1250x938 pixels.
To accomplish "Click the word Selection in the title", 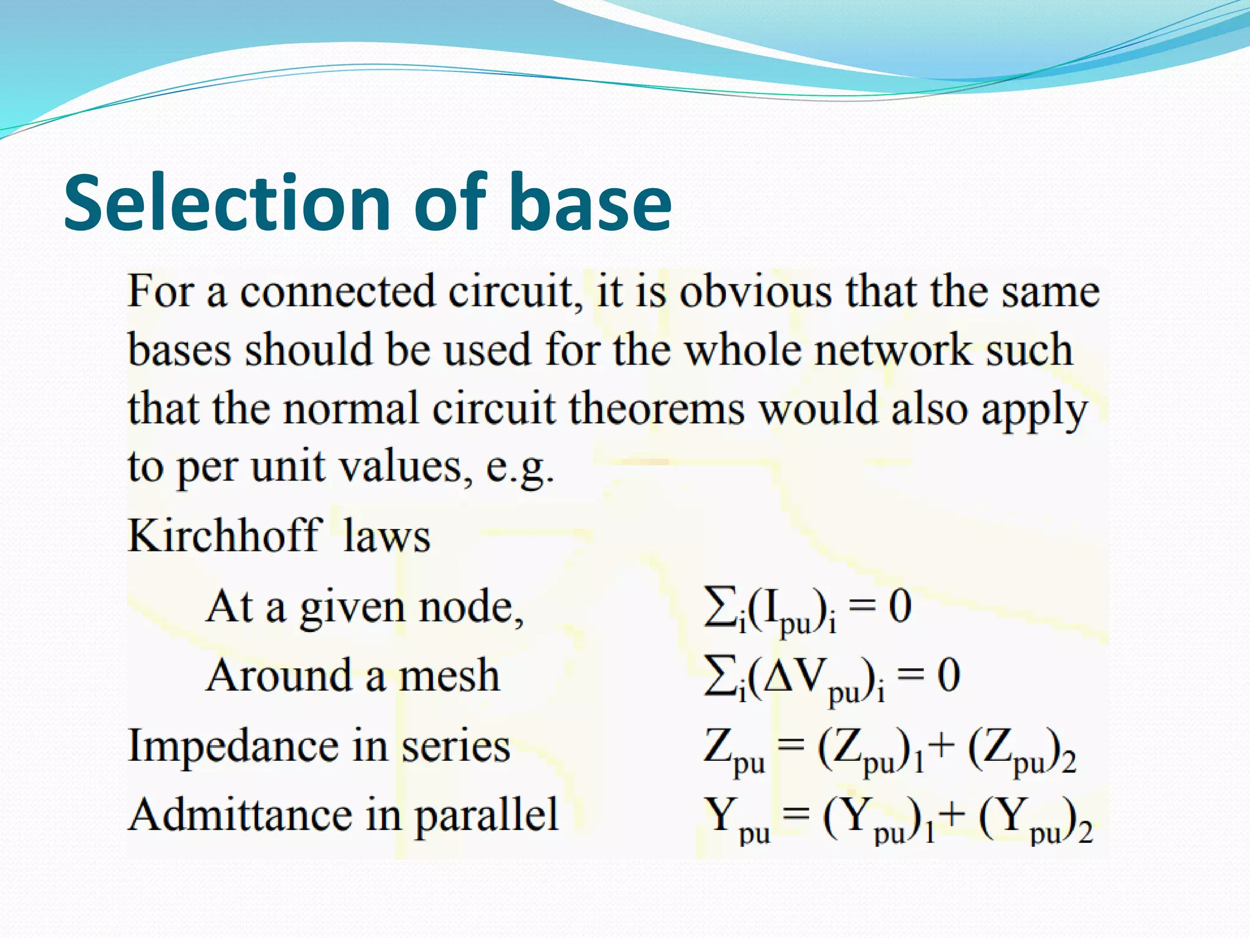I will pos(226,203).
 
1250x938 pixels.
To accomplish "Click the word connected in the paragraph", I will pos(337,291).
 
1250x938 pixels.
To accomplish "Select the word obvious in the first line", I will pos(755,291).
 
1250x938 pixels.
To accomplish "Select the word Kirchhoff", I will pos(225,536).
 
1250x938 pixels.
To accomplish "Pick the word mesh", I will pos(449,676).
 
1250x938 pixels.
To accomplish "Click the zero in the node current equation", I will pos(900,607).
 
